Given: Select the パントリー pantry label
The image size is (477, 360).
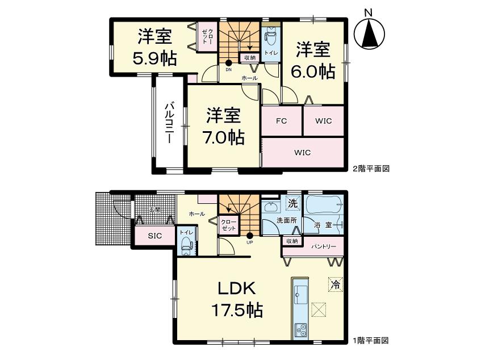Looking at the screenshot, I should click(323, 247).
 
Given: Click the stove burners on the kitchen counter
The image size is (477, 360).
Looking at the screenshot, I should click(300, 329).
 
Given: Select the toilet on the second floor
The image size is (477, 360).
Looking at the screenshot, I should click(271, 39).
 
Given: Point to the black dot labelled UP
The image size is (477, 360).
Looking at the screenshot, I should click(250, 235).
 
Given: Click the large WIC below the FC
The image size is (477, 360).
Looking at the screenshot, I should click(302, 153).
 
